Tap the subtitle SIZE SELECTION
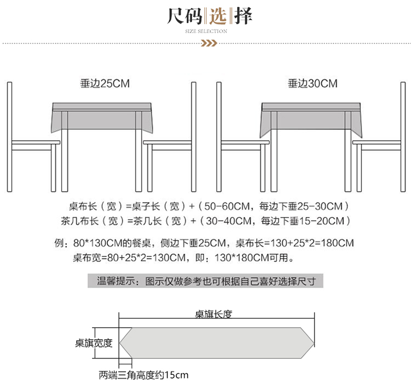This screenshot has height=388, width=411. point(206,31)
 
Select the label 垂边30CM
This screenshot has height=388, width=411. point(312,84)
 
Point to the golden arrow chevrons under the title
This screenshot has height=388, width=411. point(206,42)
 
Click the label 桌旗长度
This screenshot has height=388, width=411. point(214,314)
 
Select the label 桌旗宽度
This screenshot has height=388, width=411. point(94,343)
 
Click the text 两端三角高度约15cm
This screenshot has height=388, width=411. point(144,375)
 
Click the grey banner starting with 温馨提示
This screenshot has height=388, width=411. point(206,282)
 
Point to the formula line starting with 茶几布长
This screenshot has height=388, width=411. point(206,221)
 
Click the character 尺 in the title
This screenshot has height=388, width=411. point(176,16)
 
